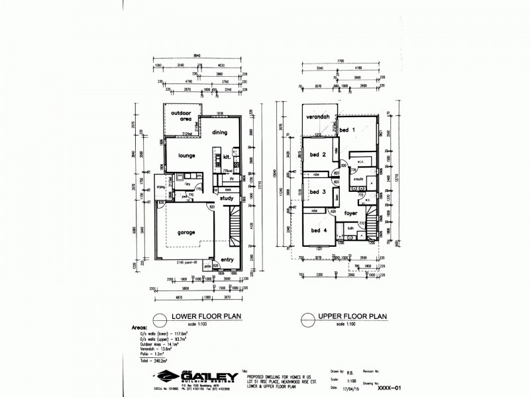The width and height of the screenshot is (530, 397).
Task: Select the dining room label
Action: tap(220, 132)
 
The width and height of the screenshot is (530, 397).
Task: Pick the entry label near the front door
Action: tap(229, 259)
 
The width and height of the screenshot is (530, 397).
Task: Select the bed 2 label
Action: tap(319, 156)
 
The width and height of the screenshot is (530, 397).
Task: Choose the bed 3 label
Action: tap(318, 193)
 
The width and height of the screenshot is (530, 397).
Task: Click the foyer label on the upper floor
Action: tap(351, 214)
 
